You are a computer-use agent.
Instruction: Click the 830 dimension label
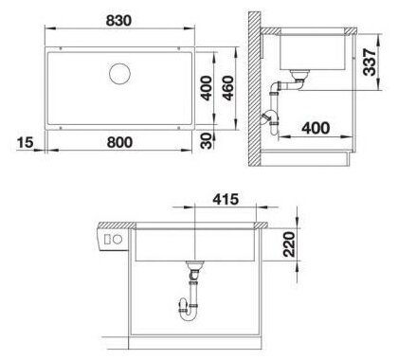click(118, 21)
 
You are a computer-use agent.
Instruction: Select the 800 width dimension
click(119, 142)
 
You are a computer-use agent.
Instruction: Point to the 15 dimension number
click(25, 142)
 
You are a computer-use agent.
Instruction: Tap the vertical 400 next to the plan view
click(207, 88)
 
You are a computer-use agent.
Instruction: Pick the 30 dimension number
click(207, 141)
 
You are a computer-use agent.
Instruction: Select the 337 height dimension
click(370, 62)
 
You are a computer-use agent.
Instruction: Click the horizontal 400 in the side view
click(316, 128)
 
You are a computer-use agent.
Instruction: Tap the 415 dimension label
click(226, 199)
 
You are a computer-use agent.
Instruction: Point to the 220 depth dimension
click(289, 244)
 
